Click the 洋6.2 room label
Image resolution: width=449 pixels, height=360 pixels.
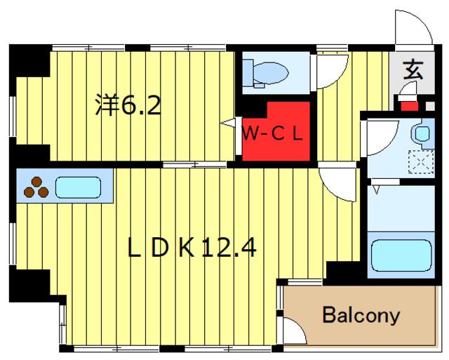tap(128, 105)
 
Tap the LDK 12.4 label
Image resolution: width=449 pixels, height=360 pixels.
tap(192, 248)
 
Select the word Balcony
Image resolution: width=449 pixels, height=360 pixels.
tap(361, 315)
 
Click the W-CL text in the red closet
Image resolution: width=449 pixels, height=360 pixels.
tap(272, 134)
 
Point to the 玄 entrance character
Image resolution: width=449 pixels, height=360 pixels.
tap(413, 70)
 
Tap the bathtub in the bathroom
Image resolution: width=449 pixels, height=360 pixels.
tap(401, 255)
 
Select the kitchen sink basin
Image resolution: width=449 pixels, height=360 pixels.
tap(78, 187)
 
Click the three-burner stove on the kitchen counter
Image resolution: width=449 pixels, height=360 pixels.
tap(36, 187)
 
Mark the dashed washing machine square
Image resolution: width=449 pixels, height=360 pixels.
tap(421, 162)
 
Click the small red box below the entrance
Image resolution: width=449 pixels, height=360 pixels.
tap(409, 106)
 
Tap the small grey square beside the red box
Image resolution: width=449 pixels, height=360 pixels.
tap(430, 106)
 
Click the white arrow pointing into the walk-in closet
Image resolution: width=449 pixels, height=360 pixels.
tap(227, 123)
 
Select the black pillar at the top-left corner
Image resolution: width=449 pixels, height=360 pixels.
tap(29, 60)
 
